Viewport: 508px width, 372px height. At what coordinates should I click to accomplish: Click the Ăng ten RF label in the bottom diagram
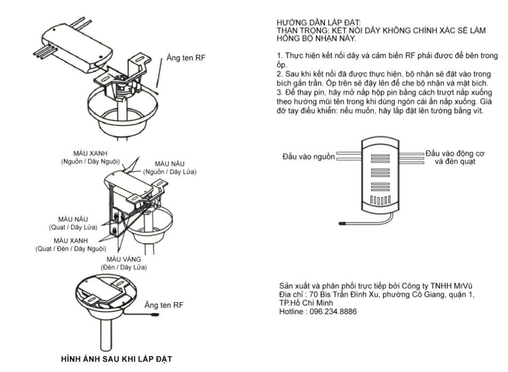[163, 304]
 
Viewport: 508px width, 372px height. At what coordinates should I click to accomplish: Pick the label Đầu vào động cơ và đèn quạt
[455, 157]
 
